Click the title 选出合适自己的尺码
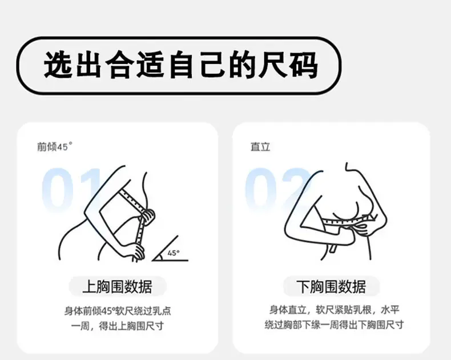click(x=180, y=65)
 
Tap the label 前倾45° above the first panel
click(x=55, y=146)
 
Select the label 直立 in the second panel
click(x=260, y=147)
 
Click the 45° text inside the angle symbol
click(x=173, y=253)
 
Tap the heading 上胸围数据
click(x=118, y=286)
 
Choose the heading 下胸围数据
click(x=331, y=286)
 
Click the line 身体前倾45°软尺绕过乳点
click(x=118, y=311)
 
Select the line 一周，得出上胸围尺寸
click(x=118, y=326)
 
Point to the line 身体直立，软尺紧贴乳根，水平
click(x=334, y=310)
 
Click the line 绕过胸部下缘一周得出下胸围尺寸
click(x=334, y=325)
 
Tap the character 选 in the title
click(x=58, y=65)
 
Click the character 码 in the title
click(x=304, y=65)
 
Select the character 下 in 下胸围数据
click(x=303, y=286)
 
